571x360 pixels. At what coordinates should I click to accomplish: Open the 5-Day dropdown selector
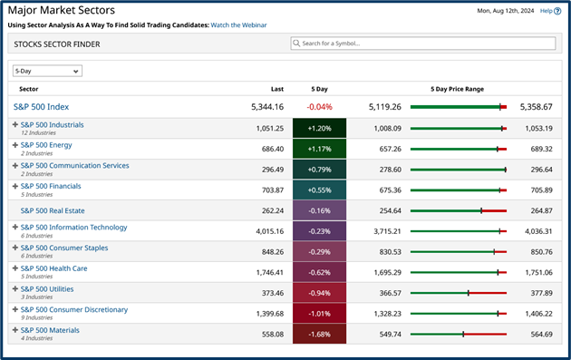47,71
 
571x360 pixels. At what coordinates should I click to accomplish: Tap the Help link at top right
545,11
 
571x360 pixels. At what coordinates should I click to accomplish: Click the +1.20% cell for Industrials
319,129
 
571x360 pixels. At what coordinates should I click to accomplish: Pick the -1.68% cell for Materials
319,334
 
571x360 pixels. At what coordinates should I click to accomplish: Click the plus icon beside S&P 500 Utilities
15,289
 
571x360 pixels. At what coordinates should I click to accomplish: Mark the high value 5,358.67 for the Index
536,107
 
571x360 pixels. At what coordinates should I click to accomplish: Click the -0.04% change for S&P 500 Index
319,107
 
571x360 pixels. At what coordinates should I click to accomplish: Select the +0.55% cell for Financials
319,190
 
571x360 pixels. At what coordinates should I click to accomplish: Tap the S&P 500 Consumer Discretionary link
73,309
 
